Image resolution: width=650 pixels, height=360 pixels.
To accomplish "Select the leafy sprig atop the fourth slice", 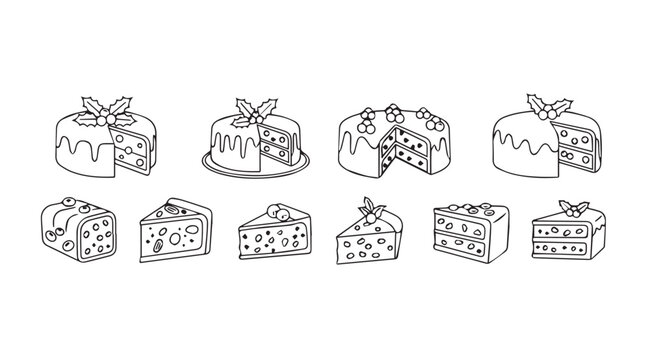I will coord(374,208).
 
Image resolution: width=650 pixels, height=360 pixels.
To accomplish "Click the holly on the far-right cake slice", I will coord(573,208).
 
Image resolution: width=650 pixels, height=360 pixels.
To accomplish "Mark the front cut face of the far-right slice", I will coord(565,245).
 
